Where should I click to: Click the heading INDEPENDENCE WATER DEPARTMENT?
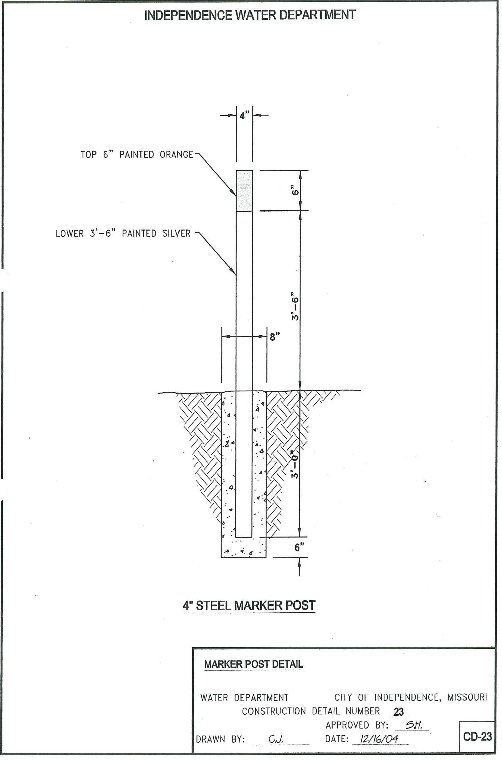pos(249,15)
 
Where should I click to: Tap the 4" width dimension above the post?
pos(244,116)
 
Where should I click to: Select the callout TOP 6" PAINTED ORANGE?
pos(137,155)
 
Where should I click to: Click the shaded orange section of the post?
pos(244,191)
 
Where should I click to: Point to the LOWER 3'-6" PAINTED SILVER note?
pos(123,233)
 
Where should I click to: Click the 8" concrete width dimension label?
pos(275,336)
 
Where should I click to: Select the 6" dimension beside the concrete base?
pos(299,547)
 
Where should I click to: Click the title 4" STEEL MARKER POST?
pos(249,605)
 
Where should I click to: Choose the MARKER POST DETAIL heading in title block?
pos(254,664)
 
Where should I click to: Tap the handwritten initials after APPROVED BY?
pos(413,725)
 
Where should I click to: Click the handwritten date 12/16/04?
pos(379,739)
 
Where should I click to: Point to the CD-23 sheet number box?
pos(477,736)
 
